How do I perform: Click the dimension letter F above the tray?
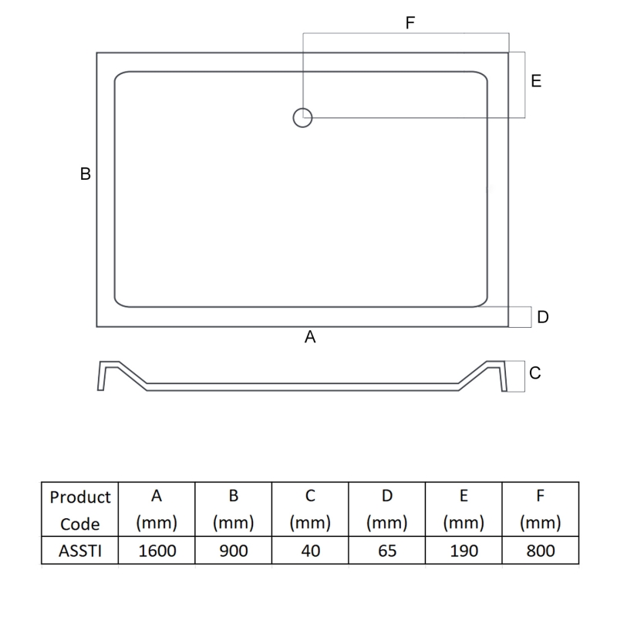pyautogui.click(x=410, y=23)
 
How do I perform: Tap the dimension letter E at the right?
pyautogui.click(x=536, y=81)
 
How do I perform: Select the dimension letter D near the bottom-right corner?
pyautogui.click(x=543, y=317)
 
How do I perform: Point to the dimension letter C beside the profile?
pyautogui.click(x=535, y=373)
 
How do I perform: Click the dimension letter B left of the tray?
pyautogui.click(x=86, y=174)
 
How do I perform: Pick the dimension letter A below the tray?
pyautogui.click(x=310, y=337)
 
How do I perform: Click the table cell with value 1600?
pyautogui.click(x=157, y=550)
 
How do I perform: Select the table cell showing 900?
pyautogui.click(x=234, y=550)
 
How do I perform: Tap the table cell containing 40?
pyautogui.click(x=310, y=550)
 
